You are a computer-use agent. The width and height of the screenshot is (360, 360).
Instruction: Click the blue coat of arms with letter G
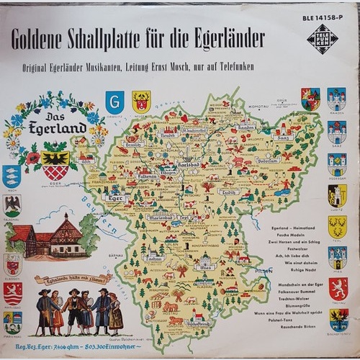[114, 102]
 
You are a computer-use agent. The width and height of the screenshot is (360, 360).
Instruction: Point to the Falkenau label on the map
[147, 174]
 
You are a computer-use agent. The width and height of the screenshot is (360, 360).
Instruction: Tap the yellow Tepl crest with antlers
[337, 226]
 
